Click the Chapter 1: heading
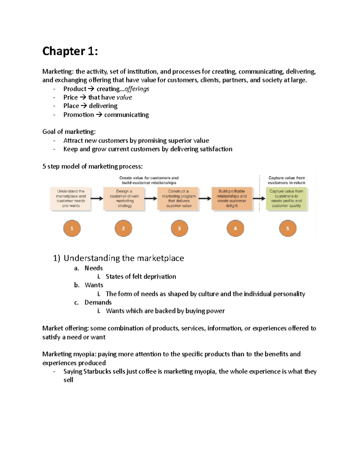70,51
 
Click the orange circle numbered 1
72,228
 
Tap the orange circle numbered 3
179,228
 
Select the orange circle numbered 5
287,228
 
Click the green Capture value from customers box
286,199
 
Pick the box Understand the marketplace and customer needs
71,199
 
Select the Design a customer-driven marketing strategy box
124,199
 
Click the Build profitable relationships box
232,199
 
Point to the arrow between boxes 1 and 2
97,198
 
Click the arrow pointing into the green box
259,198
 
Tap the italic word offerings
137,89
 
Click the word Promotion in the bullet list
79,115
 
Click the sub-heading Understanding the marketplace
124,258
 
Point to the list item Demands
98,302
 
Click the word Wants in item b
94,285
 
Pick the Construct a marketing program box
178,199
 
